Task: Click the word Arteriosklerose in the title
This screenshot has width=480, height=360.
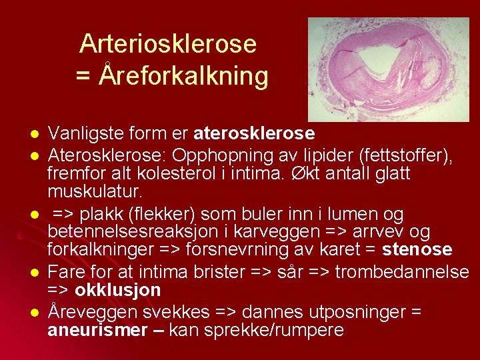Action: pos(168,44)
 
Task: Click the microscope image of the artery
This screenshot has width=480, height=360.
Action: pos(388,69)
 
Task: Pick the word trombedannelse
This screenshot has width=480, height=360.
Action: pos(402,272)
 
